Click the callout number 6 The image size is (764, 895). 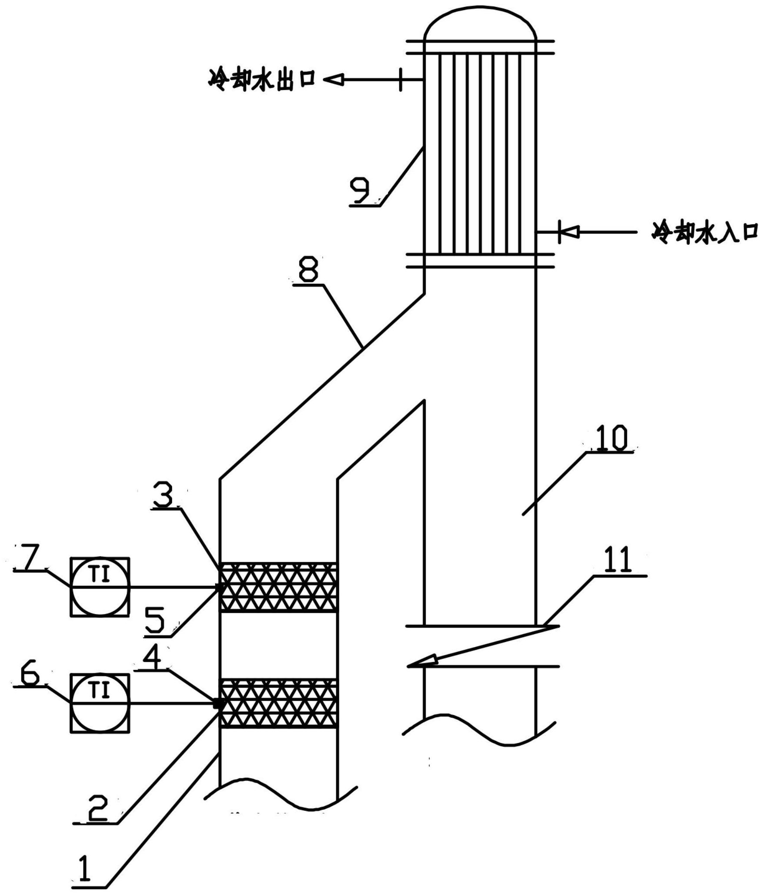pyautogui.click(x=29, y=675)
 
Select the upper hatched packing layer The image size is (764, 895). pyautogui.click(x=278, y=587)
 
